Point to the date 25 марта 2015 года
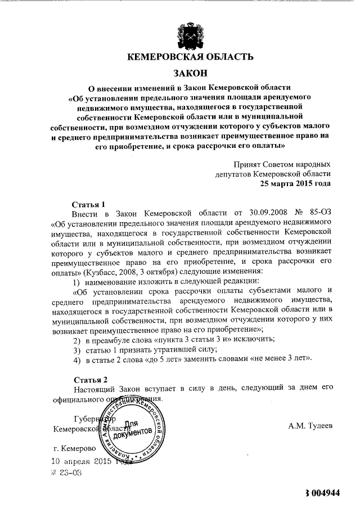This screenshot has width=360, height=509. pos(295,183)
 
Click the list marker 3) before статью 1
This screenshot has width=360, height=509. pos(78,349)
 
